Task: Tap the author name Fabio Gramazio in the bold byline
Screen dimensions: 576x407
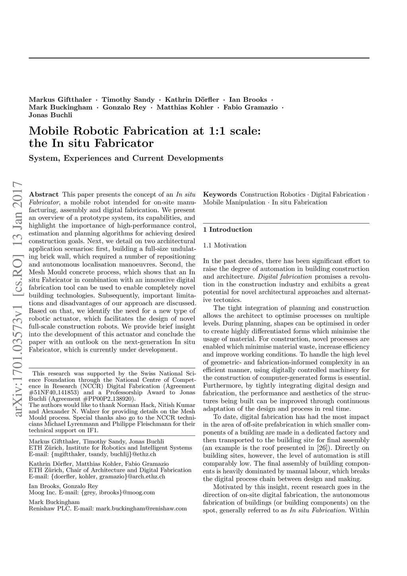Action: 250,107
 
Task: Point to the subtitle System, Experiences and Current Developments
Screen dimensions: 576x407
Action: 126,158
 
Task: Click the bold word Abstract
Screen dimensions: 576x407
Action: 44,195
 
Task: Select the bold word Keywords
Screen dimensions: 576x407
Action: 220,195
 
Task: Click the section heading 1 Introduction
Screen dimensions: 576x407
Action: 227,230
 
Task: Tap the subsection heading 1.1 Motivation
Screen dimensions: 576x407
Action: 225,245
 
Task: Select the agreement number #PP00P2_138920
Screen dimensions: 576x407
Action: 110,399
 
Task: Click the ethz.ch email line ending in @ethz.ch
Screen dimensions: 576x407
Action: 93,454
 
